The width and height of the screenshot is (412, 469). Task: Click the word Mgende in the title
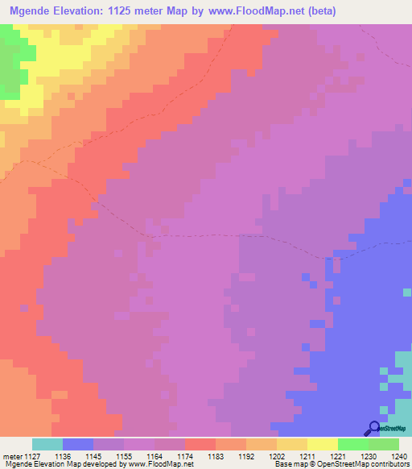[33, 11]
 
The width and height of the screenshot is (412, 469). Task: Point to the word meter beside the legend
[14, 456]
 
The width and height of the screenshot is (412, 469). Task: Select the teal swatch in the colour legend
[47, 444]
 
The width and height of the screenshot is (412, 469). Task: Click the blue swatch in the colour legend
[78, 444]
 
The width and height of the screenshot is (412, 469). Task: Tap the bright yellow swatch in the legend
[323, 444]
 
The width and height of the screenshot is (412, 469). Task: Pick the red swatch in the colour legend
[200, 444]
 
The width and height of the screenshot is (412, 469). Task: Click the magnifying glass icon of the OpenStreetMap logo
[374, 429]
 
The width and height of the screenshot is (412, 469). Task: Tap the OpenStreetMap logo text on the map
[393, 430]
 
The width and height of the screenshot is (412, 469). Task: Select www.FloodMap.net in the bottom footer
[154, 465]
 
